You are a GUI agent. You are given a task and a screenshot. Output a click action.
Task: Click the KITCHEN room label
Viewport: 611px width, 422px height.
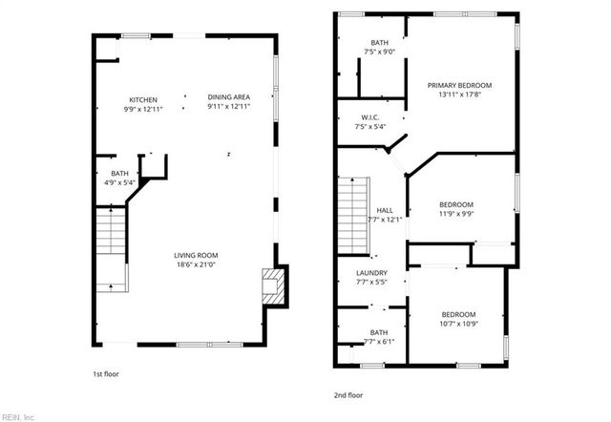tap(143, 98)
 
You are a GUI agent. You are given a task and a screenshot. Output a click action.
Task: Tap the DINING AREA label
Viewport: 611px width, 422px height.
tap(228, 97)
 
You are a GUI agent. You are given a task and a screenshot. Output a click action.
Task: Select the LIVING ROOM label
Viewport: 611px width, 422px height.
tap(197, 255)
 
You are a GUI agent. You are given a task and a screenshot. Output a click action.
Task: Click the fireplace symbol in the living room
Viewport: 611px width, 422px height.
tap(274, 285)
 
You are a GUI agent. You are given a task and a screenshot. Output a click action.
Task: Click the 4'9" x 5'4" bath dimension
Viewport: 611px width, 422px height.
tap(119, 182)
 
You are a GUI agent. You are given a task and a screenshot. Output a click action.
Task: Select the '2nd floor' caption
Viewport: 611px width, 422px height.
tap(348, 394)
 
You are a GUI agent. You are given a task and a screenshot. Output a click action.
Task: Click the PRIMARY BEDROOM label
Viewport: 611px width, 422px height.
tap(458, 85)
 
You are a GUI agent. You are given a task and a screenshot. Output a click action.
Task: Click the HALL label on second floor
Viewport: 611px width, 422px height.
tap(385, 211)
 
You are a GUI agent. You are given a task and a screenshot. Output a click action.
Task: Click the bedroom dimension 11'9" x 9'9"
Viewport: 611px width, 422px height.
tap(455, 214)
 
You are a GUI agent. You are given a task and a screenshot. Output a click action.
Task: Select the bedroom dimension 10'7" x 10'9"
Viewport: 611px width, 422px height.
tap(457, 325)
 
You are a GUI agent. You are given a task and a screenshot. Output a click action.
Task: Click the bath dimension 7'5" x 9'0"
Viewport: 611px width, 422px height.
tap(379, 52)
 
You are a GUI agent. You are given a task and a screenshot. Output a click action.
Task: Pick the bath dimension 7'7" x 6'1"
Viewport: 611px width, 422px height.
tap(379, 342)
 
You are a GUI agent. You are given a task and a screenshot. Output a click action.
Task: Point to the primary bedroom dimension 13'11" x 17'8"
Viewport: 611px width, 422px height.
tap(458, 95)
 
